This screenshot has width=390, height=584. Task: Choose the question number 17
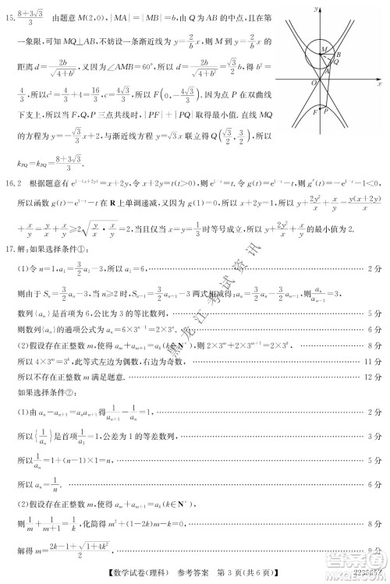click(10, 250)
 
